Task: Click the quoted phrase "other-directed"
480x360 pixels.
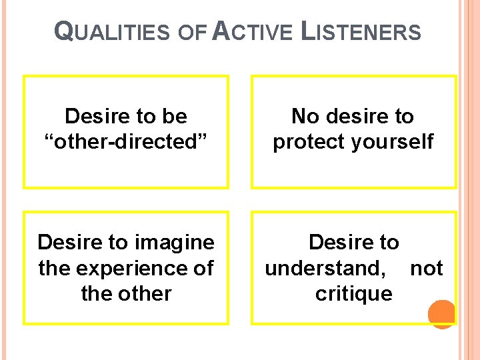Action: click(126, 142)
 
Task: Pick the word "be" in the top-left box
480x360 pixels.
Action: click(174, 117)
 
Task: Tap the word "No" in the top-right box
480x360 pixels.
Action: click(306, 117)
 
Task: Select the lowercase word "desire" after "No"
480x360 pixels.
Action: click(354, 117)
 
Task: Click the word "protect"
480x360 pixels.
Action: click(309, 142)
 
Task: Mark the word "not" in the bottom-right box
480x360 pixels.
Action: click(427, 268)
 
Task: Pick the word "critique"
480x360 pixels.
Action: click(354, 293)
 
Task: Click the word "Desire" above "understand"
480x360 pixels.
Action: click(340, 242)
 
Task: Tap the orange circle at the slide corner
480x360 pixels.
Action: click(441, 314)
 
